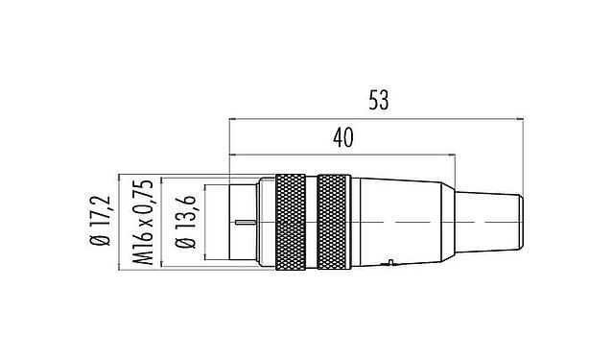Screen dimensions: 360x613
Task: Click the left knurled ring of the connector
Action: click(x=291, y=221)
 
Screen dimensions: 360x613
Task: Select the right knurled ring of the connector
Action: click(x=335, y=221)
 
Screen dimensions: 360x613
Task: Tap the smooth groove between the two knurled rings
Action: click(x=313, y=221)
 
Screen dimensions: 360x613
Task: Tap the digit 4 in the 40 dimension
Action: click(x=336, y=137)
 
